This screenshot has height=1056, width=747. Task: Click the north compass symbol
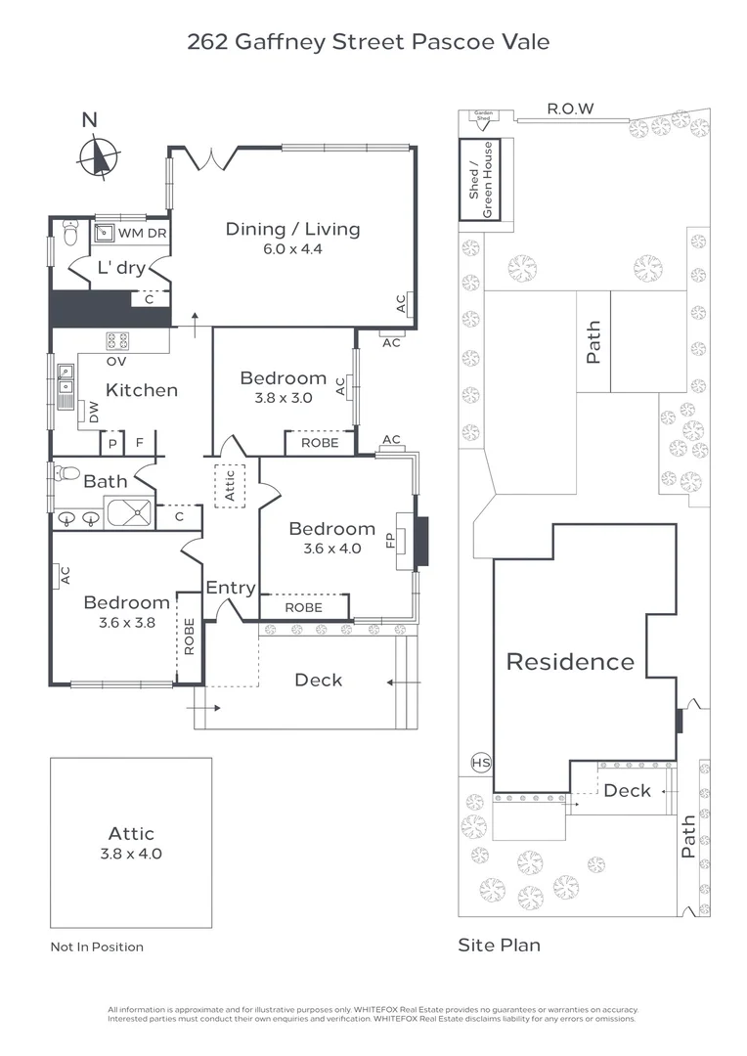[x=99, y=156]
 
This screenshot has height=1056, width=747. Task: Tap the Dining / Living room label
[x=292, y=229]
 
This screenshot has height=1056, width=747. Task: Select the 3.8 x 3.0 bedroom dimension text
[x=283, y=398]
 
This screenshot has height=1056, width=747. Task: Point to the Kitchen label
[x=142, y=390]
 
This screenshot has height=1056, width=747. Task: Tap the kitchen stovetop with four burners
[x=117, y=341]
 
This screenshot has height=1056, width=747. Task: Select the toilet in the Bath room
[x=67, y=473]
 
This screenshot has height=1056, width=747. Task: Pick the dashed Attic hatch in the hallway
[x=231, y=485]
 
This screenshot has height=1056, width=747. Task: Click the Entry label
[x=231, y=588]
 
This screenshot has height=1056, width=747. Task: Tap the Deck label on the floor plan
[x=319, y=679]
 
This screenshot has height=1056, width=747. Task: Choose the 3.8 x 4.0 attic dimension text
[x=131, y=854]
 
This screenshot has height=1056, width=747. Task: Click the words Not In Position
[x=97, y=946]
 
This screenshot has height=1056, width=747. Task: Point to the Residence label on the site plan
[x=570, y=662]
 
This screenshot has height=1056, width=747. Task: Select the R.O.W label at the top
[x=571, y=109]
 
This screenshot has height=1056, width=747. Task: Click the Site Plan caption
[x=499, y=945]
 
